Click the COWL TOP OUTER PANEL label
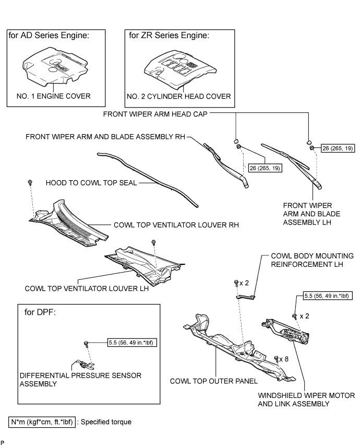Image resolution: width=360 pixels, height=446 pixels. [x=202, y=381]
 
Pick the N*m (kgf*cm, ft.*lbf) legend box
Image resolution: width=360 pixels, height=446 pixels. [x=42, y=421]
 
